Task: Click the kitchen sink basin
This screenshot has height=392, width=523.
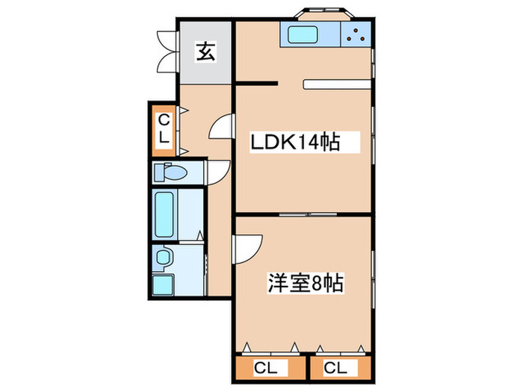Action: [x=303, y=34]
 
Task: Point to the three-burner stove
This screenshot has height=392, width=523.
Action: [x=356, y=34]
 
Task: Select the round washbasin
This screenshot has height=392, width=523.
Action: [x=164, y=258]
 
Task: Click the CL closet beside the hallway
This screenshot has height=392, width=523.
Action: [x=164, y=128]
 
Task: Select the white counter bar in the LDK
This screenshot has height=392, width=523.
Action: [x=336, y=84]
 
